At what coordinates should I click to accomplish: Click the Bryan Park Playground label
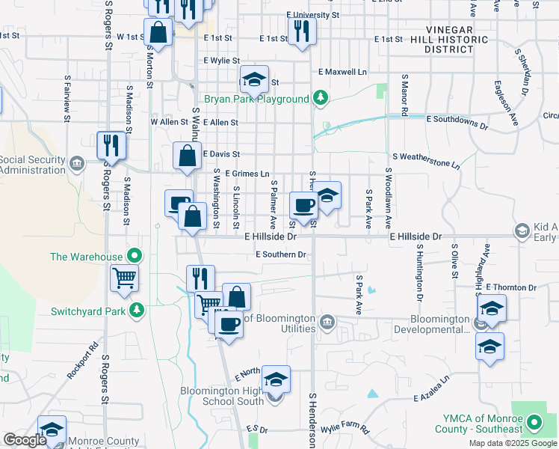(x=256, y=100)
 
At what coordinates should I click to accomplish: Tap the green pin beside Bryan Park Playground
(x=321, y=97)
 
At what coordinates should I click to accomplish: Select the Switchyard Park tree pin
(x=136, y=310)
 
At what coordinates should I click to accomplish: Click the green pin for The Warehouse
(x=134, y=256)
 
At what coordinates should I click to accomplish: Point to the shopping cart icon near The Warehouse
(x=125, y=278)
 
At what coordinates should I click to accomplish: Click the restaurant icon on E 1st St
(x=302, y=31)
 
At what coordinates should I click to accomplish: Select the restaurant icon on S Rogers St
(x=111, y=144)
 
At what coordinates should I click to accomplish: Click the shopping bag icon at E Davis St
(x=187, y=156)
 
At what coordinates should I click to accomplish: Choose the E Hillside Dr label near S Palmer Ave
(x=271, y=236)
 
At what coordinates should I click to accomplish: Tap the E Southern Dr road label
(x=281, y=254)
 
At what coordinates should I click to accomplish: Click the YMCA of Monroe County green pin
(x=534, y=424)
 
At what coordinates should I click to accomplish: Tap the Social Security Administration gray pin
(x=77, y=163)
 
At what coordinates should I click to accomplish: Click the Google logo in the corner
(x=25, y=440)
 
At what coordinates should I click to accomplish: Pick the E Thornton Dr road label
(x=511, y=287)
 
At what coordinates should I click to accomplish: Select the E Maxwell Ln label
(x=342, y=72)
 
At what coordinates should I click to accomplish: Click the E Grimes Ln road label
(x=247, y=174)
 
